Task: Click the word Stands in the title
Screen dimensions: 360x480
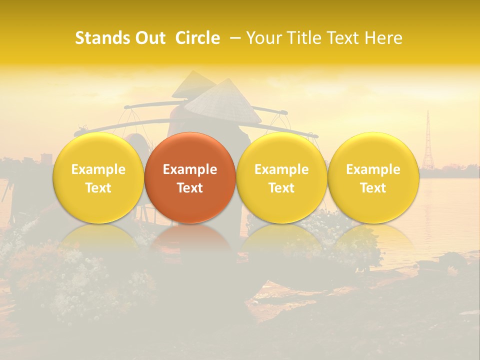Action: [x=102, y=38]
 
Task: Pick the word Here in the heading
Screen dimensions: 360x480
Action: [x=384, y=38]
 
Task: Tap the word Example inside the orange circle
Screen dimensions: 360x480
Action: [x=190, y=169]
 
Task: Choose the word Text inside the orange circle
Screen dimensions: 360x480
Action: [x=190, y=188]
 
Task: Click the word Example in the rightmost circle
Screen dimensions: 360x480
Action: [x=373, y=169]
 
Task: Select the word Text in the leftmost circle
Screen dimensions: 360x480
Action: [x=98, y=188]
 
